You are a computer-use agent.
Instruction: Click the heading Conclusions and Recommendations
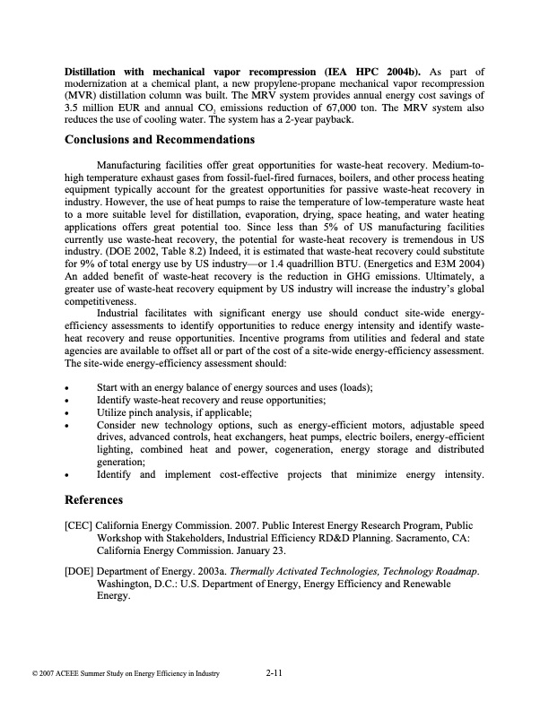pos(160,140)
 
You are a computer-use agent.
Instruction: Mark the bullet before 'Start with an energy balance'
pos(68,386)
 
